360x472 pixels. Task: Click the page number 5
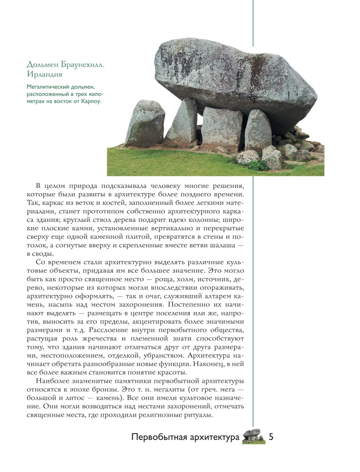[271, 437]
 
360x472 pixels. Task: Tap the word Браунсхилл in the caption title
[84, 64]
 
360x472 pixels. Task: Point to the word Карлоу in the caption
[91, 101]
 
